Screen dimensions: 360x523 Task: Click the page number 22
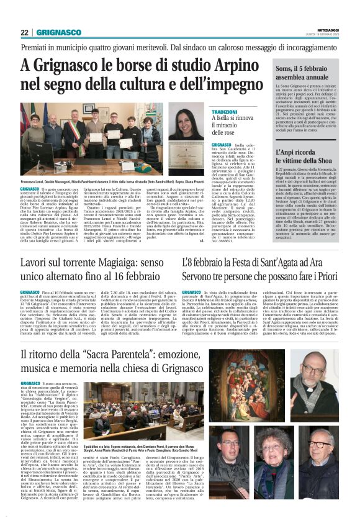coord(24,32)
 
